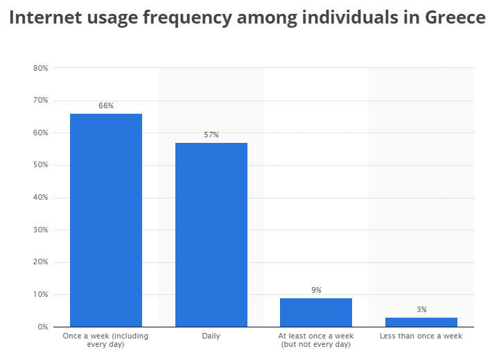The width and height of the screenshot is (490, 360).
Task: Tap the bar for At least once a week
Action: coord(316,312)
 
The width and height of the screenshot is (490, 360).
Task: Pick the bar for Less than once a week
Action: coord(421,322)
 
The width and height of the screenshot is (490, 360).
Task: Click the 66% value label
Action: coord(106,105)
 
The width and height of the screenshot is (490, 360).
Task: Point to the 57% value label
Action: coord(211,135)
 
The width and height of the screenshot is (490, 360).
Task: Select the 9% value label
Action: coord(316,290)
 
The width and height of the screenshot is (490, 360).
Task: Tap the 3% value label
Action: coord(421,309)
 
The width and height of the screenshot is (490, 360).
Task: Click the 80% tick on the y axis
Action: coord(40,68)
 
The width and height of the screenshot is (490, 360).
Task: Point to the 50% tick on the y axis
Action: coord(40,165)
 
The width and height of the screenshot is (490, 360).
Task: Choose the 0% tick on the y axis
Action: coord(42,327)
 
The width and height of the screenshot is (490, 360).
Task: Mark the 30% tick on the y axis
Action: coord(40,230)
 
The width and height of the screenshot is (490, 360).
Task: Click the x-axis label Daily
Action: coord(211,336)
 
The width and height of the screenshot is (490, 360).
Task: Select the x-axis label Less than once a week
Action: coord(421,336)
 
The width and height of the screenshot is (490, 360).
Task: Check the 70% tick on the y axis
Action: coord(40,101)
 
